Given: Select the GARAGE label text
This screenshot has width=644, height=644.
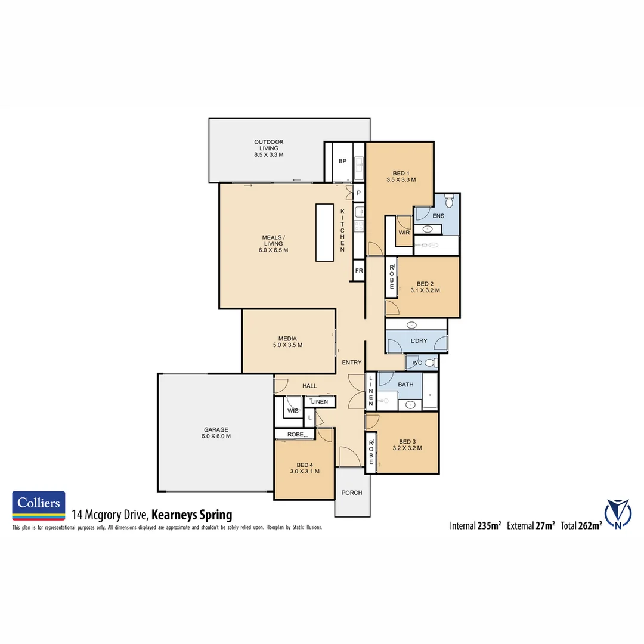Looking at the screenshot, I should [215, 429].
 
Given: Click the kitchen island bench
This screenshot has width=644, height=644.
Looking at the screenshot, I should [324, 232].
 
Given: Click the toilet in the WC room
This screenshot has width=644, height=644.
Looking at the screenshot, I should [430, 362].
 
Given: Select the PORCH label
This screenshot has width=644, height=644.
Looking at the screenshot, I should [352, 493].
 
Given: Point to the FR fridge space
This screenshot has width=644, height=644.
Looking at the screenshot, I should [359, 270].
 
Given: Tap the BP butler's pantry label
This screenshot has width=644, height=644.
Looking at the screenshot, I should [342, 161].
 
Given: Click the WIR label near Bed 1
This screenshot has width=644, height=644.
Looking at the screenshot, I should [404, 233].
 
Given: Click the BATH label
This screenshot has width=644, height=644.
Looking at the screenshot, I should [405, 385].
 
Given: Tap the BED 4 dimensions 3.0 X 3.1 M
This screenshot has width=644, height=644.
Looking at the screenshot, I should [305, 471].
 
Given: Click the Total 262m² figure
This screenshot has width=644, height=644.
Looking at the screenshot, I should [581, 525].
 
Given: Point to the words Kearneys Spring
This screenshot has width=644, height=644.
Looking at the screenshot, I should [191, 515].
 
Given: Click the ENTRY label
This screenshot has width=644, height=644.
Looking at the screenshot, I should [351, 362].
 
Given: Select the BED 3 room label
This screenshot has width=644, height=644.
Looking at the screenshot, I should [408, 442].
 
